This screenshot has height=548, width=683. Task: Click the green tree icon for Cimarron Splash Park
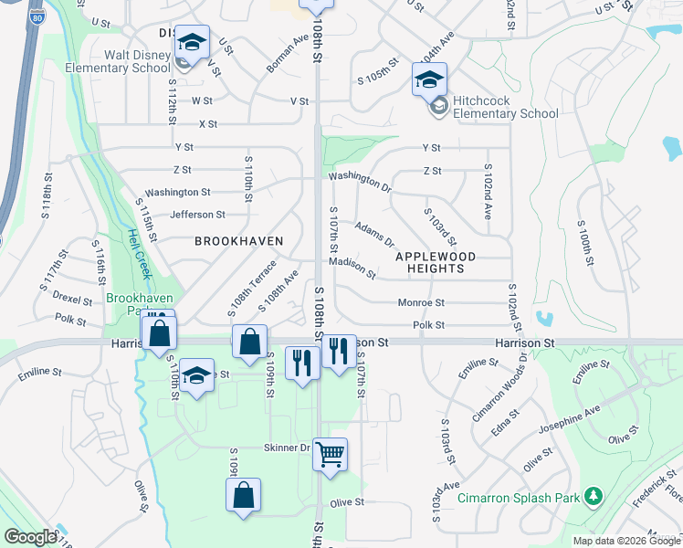594,495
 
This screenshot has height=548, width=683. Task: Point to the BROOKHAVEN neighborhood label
238,241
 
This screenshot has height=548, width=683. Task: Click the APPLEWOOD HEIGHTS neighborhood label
442,263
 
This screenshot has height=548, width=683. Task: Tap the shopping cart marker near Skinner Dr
330,453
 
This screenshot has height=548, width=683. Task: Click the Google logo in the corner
30,537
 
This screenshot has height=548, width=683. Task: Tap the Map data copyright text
626,541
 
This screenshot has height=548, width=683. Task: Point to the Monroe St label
421,303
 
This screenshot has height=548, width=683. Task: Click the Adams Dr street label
373,235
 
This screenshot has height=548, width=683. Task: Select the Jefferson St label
197,215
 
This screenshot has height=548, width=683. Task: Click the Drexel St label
72,300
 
